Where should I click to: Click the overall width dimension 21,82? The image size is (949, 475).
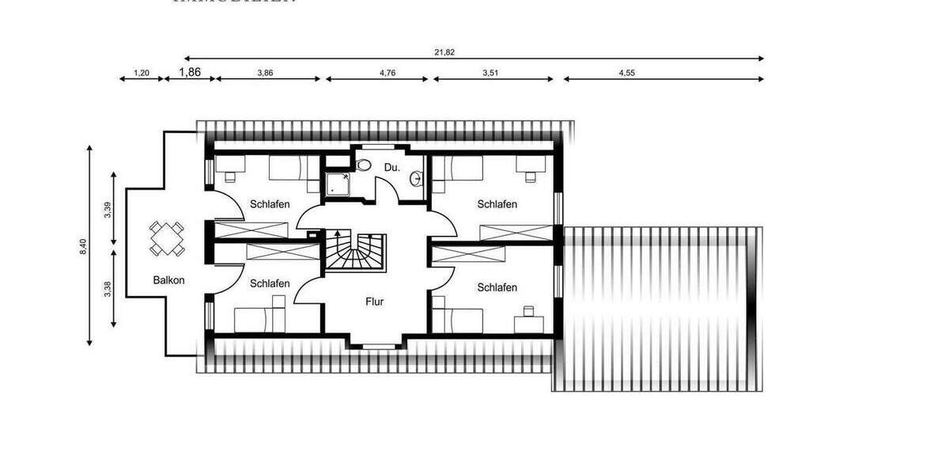[444, 52]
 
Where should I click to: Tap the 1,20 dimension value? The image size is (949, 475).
[142, 73]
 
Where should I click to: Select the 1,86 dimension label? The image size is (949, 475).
[190, 72]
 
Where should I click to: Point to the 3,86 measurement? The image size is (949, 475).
[265, 73]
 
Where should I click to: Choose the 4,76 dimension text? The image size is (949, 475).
[388, 73]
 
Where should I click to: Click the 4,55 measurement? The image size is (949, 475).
[626, 73]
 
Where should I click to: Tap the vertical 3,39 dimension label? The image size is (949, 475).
[107, 210]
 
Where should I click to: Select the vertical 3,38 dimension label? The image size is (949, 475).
[107, 289]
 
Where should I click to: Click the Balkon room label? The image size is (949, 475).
[169, 280]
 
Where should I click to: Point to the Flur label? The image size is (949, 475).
[375, 302]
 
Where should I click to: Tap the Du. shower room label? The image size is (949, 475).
[391, 168]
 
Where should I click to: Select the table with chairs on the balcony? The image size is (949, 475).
[168, 238]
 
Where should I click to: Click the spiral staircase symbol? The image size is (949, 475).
[355, 252]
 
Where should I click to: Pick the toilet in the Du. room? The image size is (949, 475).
[363, 165]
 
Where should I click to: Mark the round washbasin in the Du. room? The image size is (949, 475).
[417, 180]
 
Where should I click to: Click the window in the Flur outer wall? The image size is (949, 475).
[376, 345]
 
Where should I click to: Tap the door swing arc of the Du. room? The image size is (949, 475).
[388, 192]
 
